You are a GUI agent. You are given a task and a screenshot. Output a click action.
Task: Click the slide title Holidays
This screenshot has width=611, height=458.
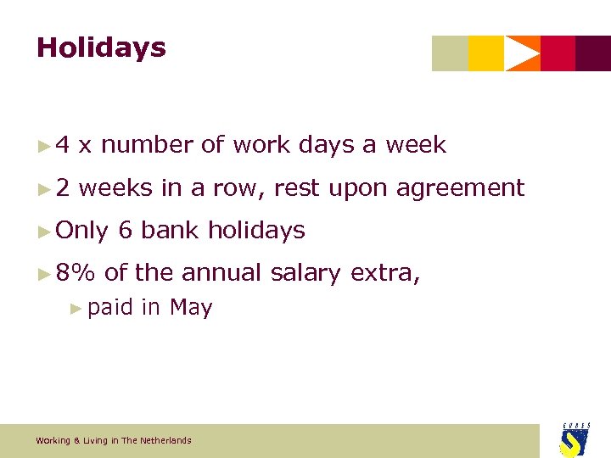pos(101,48)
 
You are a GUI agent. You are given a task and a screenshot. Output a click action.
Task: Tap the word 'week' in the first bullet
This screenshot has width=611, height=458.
pos(416,145)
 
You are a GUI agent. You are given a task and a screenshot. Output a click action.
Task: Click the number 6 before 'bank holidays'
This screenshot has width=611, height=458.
pos(126,230)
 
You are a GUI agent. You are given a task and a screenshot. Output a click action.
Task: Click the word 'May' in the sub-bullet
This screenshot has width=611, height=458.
pos(191,307)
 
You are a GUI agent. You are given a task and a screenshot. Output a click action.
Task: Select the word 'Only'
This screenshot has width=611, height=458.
pos(81,230)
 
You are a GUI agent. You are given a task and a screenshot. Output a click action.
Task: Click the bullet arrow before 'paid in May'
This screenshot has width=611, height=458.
pos(77,308)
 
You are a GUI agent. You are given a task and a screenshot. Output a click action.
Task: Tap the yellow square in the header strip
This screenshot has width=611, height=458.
pos(485,53)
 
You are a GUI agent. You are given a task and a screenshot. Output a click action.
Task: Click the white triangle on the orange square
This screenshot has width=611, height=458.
pos(521,53)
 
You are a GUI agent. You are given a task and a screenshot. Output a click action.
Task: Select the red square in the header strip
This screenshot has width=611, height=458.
pos(558,53)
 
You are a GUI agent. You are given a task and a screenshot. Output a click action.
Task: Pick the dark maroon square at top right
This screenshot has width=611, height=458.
pos(593,53)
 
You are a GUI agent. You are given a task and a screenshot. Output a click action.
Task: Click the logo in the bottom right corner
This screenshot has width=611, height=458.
pos(575,439)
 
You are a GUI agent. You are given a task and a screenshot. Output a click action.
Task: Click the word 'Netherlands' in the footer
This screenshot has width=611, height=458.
pos(168,441)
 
